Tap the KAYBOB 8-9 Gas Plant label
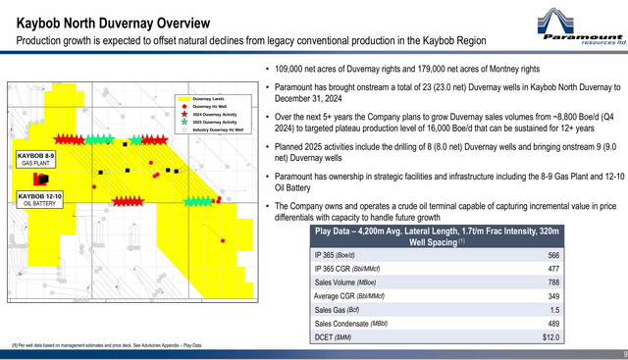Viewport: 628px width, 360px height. pyautogui.click(x=37, y=159)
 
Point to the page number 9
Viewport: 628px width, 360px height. pyautogui.click(x=622, y=354)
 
